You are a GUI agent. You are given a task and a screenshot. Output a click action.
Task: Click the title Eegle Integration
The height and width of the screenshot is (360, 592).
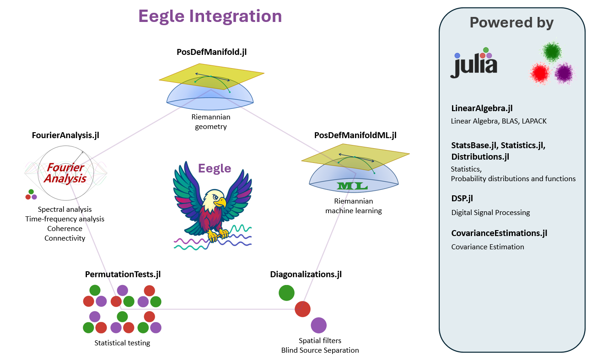[210, 16]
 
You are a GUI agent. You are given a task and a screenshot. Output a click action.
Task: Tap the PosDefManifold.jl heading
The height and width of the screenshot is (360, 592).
[212, 52]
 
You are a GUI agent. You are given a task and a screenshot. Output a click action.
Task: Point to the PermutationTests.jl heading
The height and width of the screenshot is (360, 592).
[123, 274]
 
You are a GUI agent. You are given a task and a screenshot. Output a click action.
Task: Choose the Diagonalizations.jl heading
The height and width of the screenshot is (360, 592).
[306, 274]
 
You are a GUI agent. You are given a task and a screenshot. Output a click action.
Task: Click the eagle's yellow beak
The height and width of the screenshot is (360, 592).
[221, 201]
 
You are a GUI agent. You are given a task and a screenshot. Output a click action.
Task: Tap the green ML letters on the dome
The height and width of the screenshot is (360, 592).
[353, 186]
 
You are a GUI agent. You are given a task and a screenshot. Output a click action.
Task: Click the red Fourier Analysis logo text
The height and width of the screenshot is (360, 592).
[65, 173]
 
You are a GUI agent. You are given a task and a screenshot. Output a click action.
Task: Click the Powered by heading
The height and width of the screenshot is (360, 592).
[511, 22]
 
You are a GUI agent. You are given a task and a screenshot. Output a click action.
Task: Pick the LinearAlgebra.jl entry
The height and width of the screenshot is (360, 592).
[482, 108]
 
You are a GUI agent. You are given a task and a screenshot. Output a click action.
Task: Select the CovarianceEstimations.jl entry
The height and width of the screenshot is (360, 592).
[499, 233]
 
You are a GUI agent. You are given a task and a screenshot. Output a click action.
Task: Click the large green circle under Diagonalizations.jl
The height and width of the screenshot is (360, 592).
[286, 293]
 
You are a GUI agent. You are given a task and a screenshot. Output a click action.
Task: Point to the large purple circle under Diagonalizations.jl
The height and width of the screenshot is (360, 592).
[318, 325]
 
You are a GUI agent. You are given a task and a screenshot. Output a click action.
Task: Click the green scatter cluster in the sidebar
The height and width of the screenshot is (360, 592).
[553, 52]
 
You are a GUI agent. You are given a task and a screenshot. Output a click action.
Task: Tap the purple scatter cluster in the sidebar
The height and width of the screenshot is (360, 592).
[564, 73]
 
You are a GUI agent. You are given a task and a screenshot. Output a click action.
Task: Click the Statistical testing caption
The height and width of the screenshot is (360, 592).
[122, 343]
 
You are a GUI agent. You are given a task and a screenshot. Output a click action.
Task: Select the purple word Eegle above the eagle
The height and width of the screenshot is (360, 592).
[215, 168]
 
